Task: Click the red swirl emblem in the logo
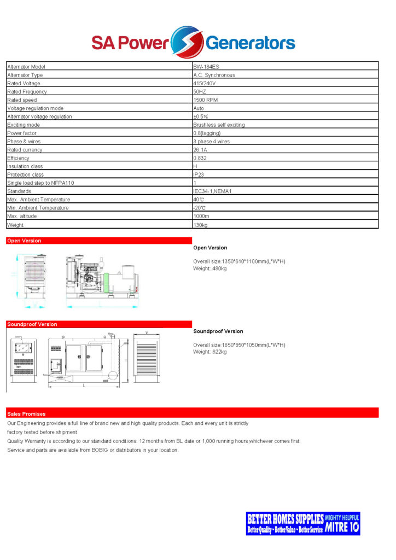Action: point(187,42)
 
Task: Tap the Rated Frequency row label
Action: point(27,92)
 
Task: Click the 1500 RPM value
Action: point(206,100)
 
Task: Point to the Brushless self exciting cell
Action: point(219,125)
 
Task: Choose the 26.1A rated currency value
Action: point(200,150)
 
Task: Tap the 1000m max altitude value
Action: point(201,216)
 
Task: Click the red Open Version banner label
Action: point(24,241)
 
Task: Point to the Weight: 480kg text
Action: point(209,269)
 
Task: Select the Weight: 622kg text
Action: point(209,352)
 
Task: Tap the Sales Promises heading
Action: point(26,413)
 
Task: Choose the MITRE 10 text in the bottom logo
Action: point(342,528)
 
